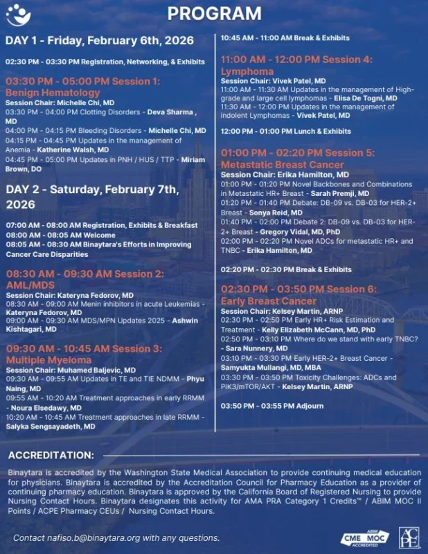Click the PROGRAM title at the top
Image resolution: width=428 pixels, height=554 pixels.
tap(214, 13)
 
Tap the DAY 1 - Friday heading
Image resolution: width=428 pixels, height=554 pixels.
tap(99, 40)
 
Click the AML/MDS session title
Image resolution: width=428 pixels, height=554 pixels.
tap(31, 285)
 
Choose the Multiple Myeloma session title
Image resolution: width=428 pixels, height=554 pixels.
tap(48, 360)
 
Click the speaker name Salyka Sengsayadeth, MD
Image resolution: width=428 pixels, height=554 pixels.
tap(53, 427)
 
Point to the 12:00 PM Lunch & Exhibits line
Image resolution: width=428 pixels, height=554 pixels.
tap(285, 131)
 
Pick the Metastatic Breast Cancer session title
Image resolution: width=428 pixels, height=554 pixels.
tap(282, 165)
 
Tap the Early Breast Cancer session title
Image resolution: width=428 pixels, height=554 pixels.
tap(268, 301)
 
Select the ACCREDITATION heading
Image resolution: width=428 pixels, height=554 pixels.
tap(51, 455)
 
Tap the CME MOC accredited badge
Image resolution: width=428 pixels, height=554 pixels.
tap(364, 538)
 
